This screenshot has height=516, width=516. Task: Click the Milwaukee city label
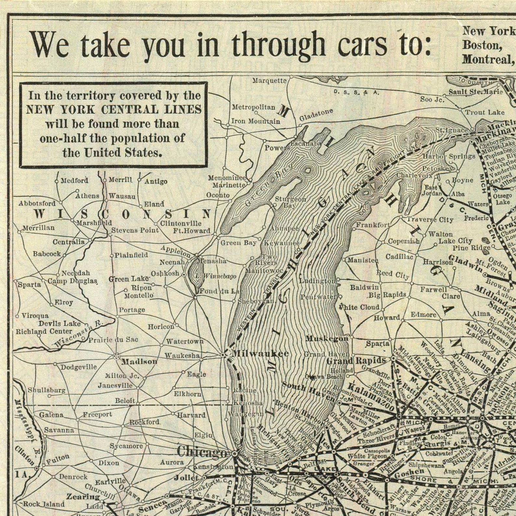point(260,354)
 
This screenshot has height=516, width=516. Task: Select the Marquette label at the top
point(269,80)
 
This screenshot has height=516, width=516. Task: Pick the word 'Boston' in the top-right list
point(482,45)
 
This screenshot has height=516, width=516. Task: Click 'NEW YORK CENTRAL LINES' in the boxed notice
point(114,110)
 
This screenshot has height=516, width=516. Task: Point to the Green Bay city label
point(239,243)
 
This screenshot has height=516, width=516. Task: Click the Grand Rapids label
point(356,361)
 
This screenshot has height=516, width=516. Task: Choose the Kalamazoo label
point(370,396)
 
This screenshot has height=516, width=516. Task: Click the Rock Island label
point(44,504)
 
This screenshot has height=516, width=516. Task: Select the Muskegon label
point(327,338)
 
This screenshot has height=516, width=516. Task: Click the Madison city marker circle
point(116,356)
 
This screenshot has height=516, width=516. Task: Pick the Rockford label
point(145,422)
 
